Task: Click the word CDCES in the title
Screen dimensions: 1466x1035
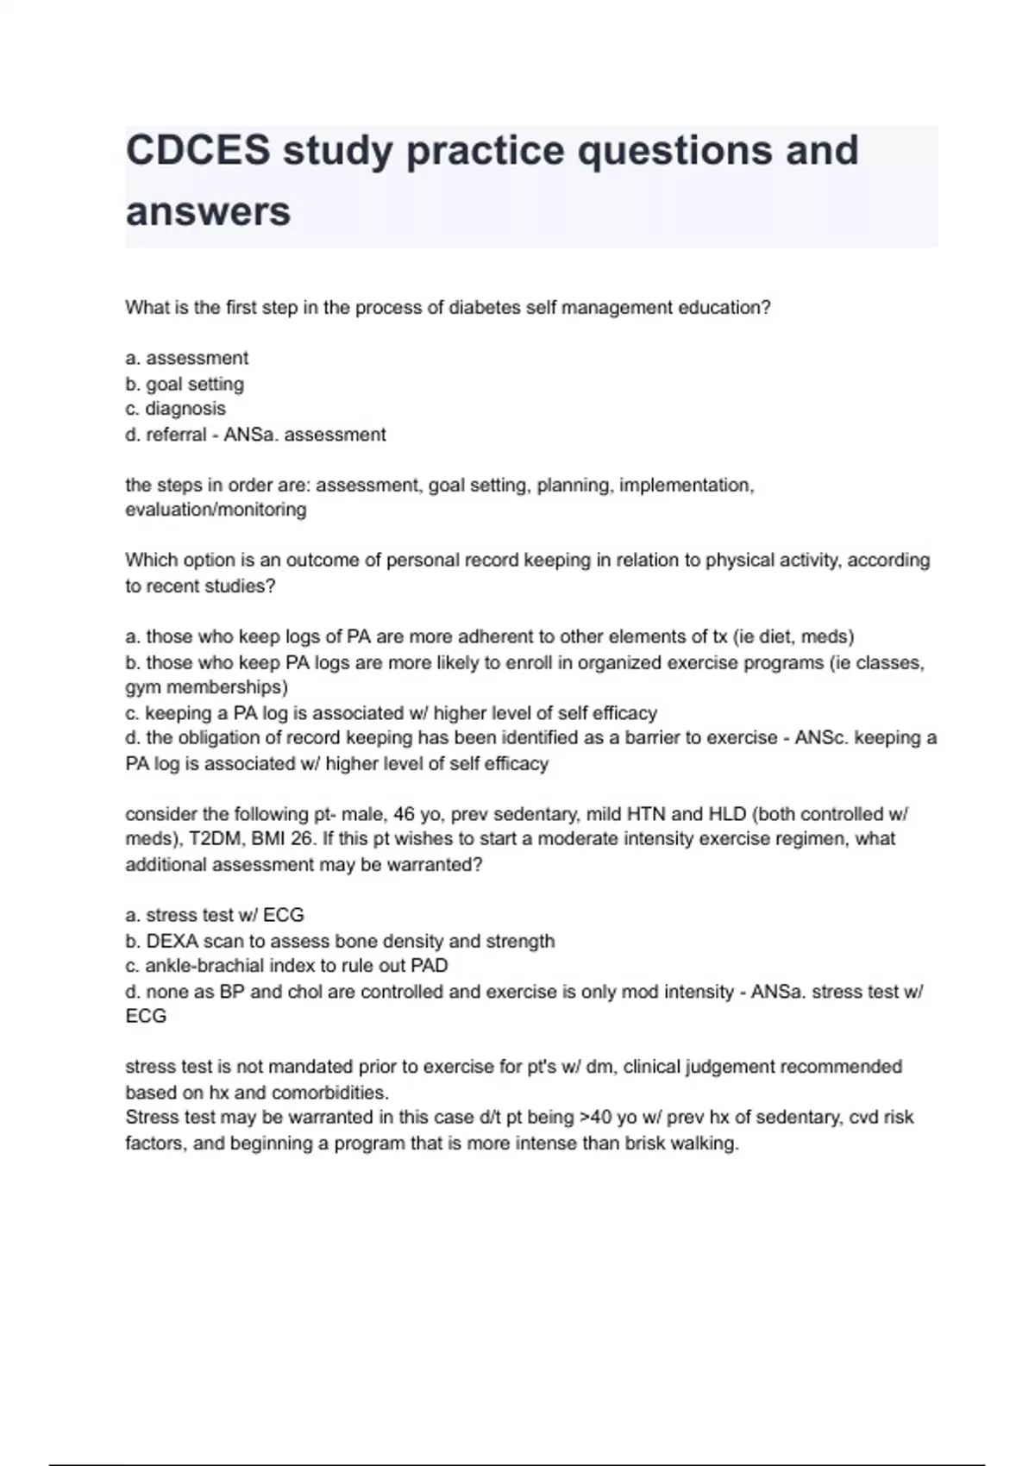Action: point(198,150)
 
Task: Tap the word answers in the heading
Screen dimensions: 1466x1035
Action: point(208,211)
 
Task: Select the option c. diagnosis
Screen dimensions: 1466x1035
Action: point(176,409)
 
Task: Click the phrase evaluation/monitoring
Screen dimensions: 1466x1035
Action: point(216,510)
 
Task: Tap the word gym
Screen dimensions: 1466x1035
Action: point(143,687)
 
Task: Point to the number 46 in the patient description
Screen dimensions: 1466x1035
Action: point(405,814)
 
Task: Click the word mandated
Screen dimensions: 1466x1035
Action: point(301,1067)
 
